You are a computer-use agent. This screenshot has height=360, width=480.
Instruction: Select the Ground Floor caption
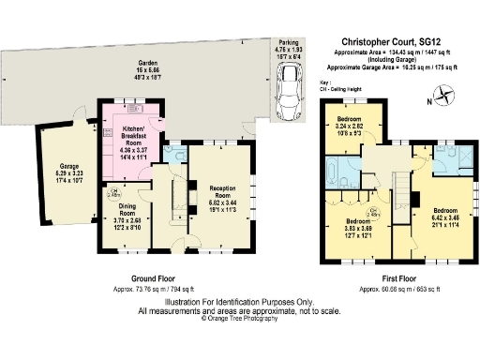coord(154,279)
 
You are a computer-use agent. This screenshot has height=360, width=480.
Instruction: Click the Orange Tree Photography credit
coord(239,319)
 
